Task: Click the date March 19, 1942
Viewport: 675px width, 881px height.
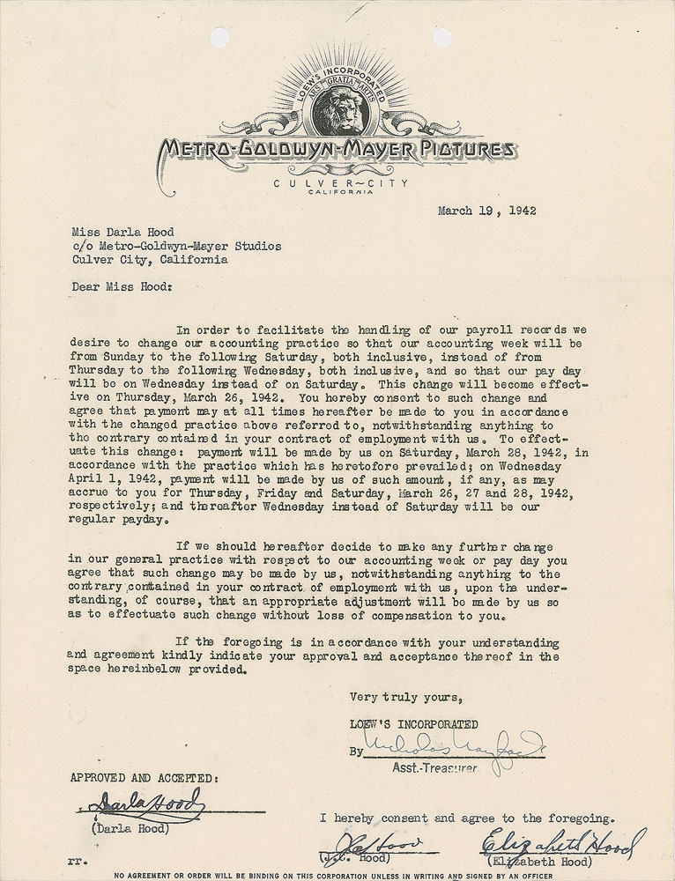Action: [487, 211]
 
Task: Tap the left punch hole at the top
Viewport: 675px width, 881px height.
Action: [219, 37]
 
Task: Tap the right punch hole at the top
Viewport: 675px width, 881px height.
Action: [441, 37]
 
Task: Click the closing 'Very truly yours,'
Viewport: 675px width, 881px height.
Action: [404, 697]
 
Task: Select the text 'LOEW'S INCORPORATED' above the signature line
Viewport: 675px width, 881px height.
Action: [413, 725]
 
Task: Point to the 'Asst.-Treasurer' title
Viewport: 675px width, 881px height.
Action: [435, 768]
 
